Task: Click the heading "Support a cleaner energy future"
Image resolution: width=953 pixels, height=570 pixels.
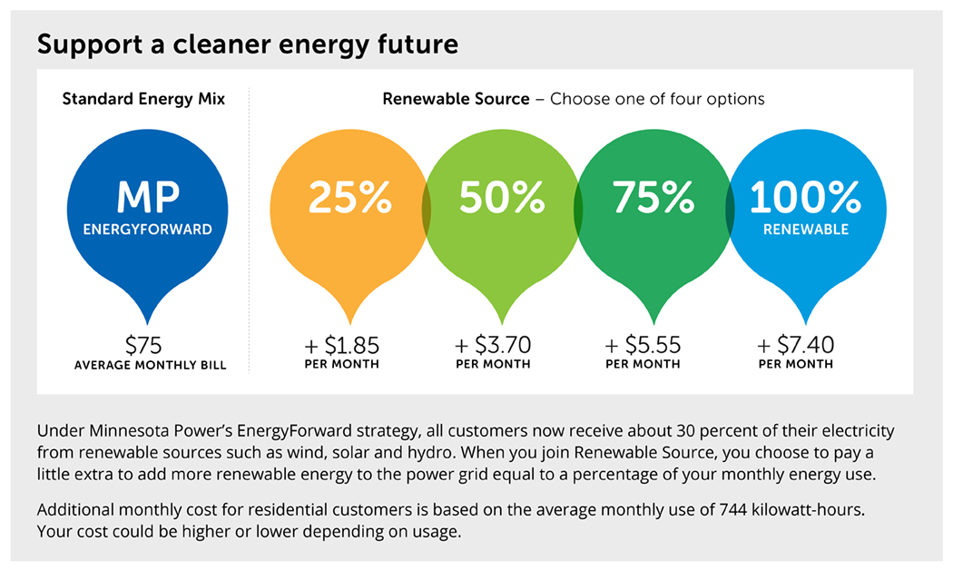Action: pos(247,44)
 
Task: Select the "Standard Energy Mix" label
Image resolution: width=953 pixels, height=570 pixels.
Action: pos(143,99)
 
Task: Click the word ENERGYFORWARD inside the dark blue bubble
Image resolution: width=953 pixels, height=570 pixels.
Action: pos(147,230)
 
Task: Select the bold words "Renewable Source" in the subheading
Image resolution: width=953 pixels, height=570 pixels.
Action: pos(456,99)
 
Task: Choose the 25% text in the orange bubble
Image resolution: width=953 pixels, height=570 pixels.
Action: pos(350,198)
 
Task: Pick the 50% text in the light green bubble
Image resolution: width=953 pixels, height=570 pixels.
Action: pos(502,198)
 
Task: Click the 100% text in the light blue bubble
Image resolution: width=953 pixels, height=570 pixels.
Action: pos(804,198)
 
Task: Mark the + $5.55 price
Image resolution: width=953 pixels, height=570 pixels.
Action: pos(643,345)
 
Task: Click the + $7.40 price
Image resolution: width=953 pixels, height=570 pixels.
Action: pos(795,345)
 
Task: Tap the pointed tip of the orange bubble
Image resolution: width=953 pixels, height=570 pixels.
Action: pos(350,311)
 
